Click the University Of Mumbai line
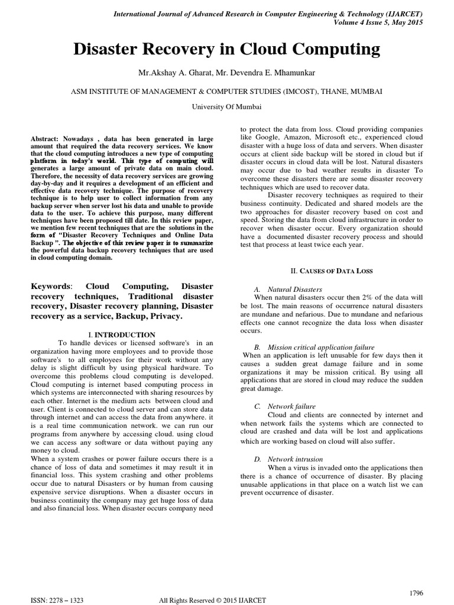point(226,107)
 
